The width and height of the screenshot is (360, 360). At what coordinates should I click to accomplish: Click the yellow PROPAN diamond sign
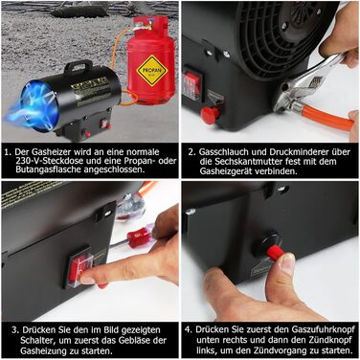[152, 71]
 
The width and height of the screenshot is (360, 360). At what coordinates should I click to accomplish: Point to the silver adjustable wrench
[306, 83]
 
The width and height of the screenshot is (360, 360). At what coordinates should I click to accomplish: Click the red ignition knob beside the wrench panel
[210, 115]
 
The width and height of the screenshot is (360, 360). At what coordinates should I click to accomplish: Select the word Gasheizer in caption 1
[52, 151]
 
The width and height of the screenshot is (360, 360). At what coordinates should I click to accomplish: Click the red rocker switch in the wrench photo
[192, 82]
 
